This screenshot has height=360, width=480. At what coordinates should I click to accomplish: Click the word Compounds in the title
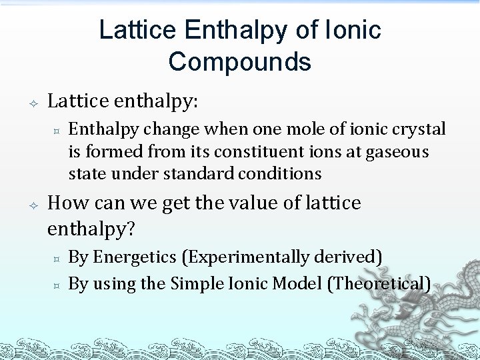239,61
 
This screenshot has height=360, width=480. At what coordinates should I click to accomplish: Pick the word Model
297,283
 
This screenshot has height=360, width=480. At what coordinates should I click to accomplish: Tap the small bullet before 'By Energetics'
57,258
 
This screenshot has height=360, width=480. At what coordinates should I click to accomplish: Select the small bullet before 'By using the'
57,285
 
